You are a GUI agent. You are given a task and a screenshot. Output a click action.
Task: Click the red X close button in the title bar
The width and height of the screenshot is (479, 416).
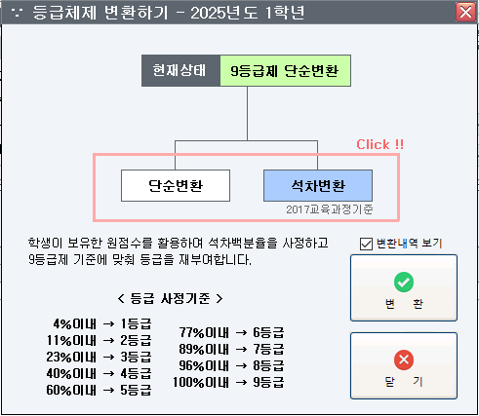[x=465, y=13]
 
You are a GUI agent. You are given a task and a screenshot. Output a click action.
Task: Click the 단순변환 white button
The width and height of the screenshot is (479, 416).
[x=176, y=185]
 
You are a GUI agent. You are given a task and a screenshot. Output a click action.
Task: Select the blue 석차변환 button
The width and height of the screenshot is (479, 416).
[x=318, y=185]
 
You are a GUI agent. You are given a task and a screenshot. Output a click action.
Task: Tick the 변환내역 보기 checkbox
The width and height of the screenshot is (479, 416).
[x=366, y=244]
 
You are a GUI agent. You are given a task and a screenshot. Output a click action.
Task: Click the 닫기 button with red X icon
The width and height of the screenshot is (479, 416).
[x=404, y=365]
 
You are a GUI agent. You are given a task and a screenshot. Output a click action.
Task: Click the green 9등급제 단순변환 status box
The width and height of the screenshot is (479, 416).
[x=285, y=70]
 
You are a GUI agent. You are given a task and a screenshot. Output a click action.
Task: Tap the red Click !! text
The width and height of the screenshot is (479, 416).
[x=379, y=144]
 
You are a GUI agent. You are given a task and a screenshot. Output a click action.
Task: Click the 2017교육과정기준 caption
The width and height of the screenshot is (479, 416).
[x=330, y=209]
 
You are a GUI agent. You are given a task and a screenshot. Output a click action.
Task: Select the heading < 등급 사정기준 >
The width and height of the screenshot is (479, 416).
[x=170, y=298]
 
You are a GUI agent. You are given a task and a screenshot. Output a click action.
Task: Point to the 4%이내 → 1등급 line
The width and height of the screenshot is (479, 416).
[x=102, y=323]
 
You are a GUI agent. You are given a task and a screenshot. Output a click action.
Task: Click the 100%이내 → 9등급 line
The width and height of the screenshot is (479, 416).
[x=228, y=382]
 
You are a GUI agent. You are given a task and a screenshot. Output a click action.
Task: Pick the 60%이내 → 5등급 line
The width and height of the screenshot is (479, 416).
[x=99, y=390]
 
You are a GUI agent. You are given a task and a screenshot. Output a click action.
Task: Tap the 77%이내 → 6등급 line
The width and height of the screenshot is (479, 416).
[x=231, y=332]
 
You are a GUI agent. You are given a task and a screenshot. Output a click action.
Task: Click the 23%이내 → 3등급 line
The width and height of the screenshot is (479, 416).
[x=99, y=357]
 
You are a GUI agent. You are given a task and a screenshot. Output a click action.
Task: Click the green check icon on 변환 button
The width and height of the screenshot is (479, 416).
[x=404, y=282]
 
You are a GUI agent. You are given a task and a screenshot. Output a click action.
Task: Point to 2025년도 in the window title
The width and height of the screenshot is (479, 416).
[x=224, y=13]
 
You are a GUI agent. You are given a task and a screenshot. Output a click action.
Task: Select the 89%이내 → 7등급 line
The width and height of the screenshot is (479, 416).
[x=231, y=349]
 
